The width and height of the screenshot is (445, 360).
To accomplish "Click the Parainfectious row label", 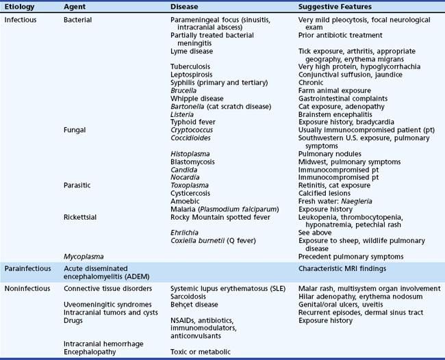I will point(27,269).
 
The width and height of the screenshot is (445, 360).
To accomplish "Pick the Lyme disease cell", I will point(192,51).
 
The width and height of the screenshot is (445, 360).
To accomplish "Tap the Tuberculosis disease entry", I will point(192,66).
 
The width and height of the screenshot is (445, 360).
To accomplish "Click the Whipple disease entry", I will point(197,98).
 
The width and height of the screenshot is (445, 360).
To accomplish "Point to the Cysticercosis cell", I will point(192,193).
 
